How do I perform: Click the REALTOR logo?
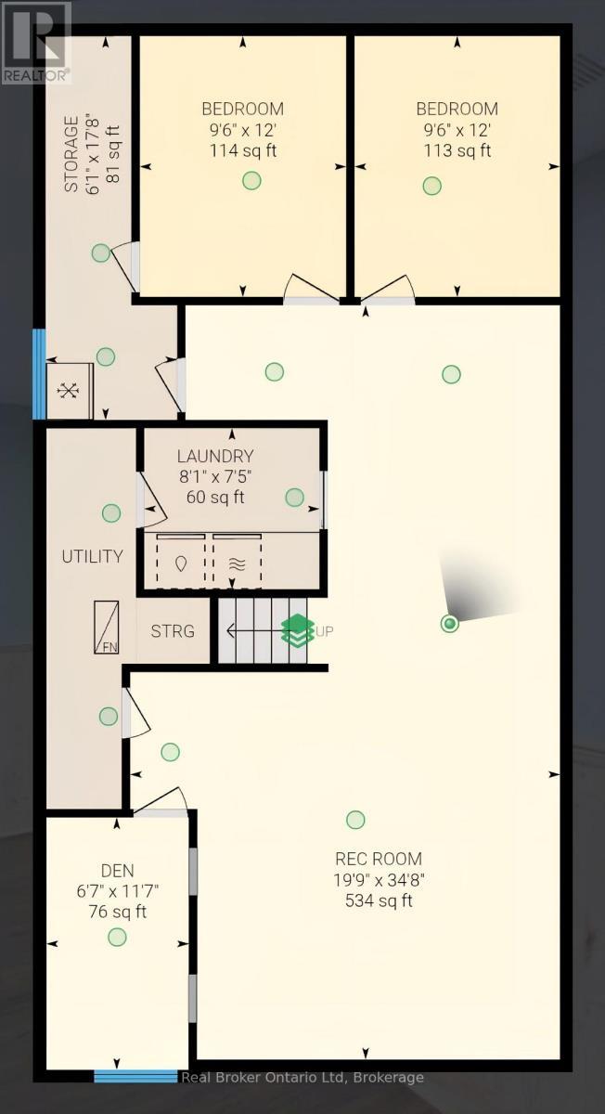tap(35, 42)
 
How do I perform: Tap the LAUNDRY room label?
tap(215, 456)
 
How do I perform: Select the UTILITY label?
tap(92, 557)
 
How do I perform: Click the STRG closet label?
tap(173, 631)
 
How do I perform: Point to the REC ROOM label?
tap(379, 859)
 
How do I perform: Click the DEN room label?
tap(118, 871)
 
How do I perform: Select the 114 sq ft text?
tap(246, 150)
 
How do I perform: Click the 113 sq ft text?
tap(457, 150)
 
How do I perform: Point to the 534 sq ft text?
tap(379, 900)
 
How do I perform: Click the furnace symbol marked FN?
tap(106, 628)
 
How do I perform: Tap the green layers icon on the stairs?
tap(297, 630)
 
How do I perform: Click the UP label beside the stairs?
tap(325, 631)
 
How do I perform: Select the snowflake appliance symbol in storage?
tap(69, 391)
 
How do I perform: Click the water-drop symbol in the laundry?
tap(181, 563)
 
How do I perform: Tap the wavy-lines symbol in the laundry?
tap(236, 563)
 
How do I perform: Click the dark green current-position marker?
tap(450, 624)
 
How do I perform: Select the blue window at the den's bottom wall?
tap(135, 1077)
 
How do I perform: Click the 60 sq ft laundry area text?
tap(215, 497)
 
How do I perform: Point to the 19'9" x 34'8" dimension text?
tap(379, 880)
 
